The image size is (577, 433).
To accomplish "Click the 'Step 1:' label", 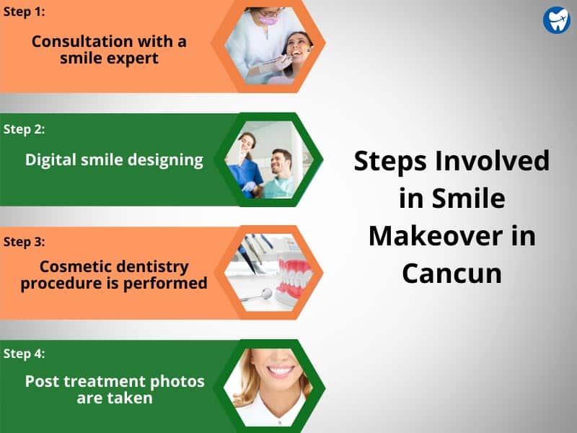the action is click(x=24, y=12).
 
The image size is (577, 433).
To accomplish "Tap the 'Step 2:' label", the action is click(x=24, y=129).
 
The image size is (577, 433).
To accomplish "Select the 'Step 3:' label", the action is click(x=24, y=242).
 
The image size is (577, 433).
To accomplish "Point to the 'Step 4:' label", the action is click(x=24, y=354).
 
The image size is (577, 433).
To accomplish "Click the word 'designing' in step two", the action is click(x=165, y=160).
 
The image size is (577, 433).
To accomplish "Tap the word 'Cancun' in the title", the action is click(x=452, y=274).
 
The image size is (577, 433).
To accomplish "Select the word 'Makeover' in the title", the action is click(x=436, y=236).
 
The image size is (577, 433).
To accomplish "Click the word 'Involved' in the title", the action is click(x=493, y=160).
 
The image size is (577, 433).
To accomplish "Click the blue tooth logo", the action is click(x=556, y=20).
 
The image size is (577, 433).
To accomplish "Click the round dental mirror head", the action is click(x=266, y=294).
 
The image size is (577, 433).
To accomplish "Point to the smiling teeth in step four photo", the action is click(x=281, y=369).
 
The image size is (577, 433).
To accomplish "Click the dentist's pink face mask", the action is click(x=268, y=18).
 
